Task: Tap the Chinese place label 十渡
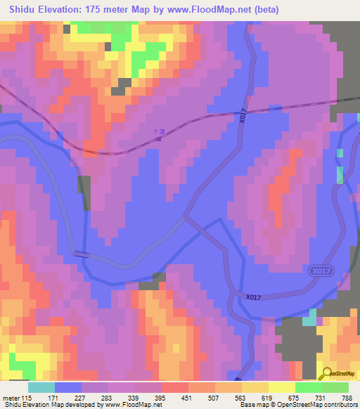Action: [x=158, y=131]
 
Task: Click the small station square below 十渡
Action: [x=158, y=138]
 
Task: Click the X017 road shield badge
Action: [x=319, y=271]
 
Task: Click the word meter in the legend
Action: [x=11, y=397]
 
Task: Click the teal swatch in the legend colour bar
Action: [x=41, y=387]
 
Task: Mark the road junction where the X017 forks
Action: [x=187, y=218]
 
